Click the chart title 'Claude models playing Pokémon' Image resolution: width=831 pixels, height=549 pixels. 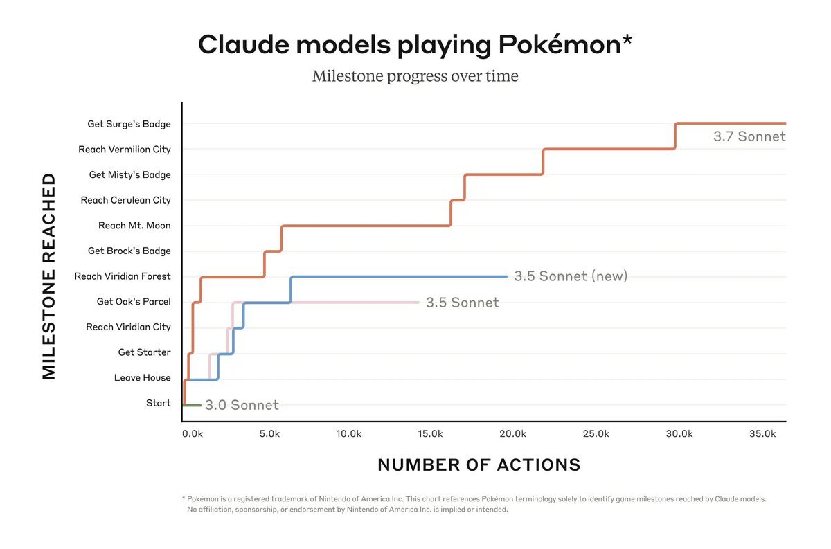415,45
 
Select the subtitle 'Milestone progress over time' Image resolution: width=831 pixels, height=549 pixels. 415,75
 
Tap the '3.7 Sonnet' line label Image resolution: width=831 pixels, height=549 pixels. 749,136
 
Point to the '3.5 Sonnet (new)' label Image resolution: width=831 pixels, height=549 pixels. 571,276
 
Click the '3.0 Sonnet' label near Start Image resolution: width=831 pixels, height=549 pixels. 242,405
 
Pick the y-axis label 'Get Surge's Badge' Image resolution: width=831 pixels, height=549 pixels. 129,124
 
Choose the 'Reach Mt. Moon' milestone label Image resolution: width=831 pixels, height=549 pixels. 134,225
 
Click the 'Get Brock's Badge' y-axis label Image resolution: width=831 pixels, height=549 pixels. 129,251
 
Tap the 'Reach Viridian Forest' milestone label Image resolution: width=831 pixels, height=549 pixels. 123,276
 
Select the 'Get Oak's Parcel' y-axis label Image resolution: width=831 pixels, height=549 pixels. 134,302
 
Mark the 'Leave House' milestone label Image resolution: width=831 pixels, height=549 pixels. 143,378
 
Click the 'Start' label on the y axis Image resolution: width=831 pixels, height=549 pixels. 158,403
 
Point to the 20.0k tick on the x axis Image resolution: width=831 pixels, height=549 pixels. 513,434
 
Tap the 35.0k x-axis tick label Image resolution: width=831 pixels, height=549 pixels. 762,434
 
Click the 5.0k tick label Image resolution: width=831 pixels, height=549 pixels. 269,434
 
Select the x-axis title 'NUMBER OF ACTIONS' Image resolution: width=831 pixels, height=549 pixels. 479,465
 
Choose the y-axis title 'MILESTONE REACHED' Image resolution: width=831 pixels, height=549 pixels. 48,276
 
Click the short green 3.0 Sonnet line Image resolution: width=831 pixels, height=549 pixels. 192,405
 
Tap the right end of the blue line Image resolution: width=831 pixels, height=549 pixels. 506,276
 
